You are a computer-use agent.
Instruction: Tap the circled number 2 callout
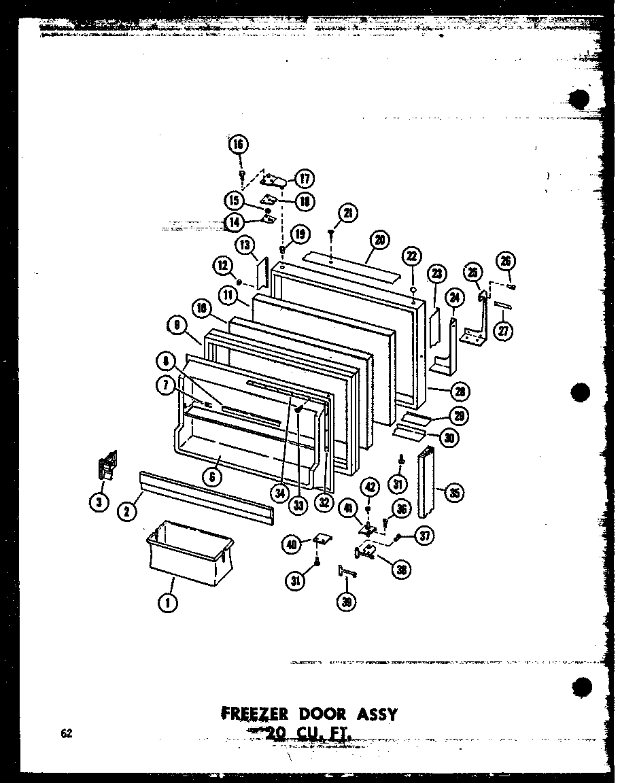tap(126, 512)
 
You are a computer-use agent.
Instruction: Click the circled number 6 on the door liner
tap(212, 476)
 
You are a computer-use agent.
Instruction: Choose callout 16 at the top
tap(239, 144)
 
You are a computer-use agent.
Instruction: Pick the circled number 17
tap(303, 179)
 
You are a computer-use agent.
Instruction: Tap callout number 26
tap(507, 261)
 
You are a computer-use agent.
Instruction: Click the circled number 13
tap(244, 245)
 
